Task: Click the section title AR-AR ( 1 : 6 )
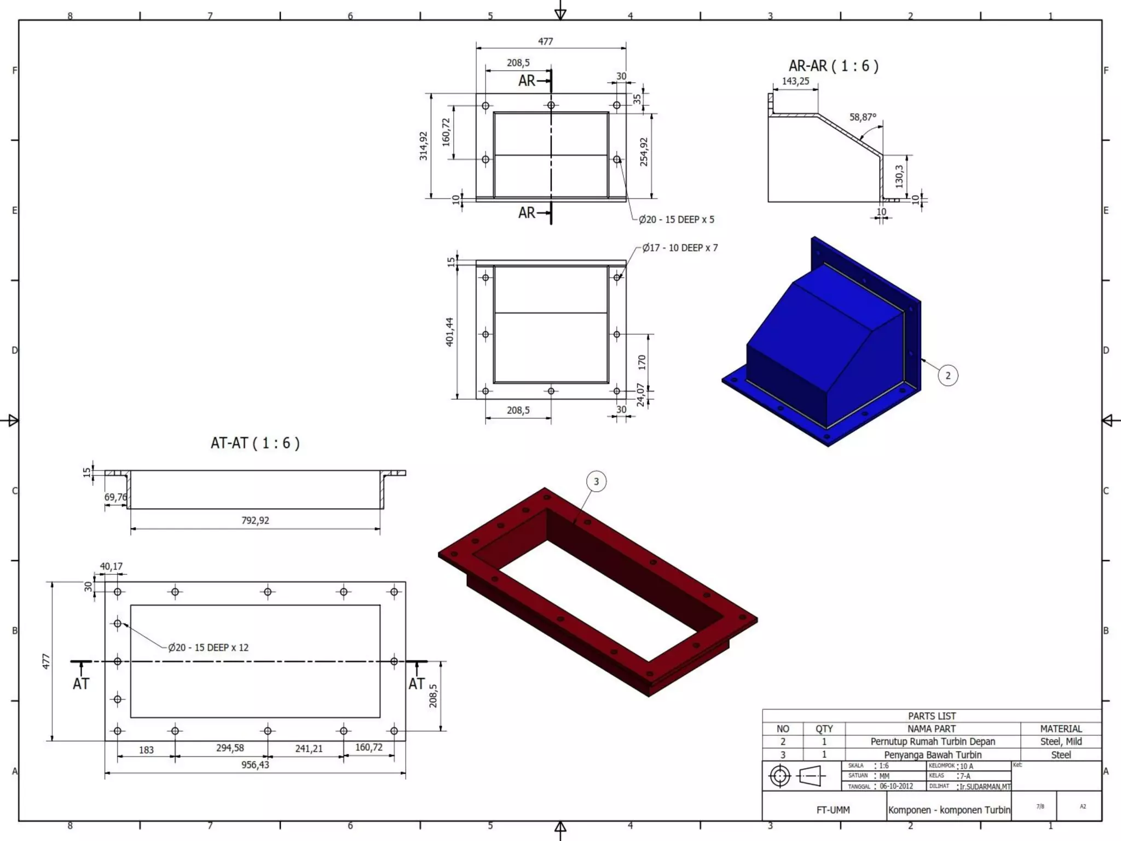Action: (833, 66)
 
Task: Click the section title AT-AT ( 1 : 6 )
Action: (255, 443)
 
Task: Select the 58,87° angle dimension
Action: (863, 117)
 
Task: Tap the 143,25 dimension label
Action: (795, 81)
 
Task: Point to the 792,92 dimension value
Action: (255, 520)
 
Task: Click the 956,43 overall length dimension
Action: (255, 765)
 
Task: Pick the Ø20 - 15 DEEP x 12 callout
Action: (208, 648)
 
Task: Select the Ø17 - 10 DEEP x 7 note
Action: (680, 248)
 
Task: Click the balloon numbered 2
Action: (948, 376)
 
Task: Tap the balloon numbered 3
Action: (596, 482)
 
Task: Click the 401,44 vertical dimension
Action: (449, 332)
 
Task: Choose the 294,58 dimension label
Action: (230, 748)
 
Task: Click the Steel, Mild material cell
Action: (1061, 742)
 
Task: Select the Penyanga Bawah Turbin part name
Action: (933, 755)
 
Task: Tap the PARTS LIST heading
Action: (932, 716)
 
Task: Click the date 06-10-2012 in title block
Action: (896, 786)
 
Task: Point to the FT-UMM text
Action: (833, 810)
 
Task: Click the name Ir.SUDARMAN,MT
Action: (985, 787)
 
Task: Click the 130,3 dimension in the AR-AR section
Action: (899, 176)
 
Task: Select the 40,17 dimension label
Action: (111, 566)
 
